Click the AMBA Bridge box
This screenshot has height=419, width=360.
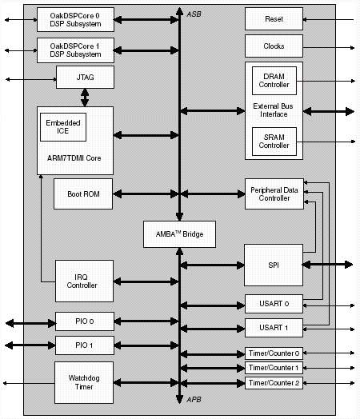pos(179,234)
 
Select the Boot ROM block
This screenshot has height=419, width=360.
pos(83,194)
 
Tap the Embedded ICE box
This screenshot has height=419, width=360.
pos(63,127)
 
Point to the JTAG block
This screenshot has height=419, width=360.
pos(85,78)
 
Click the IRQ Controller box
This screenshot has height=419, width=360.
pos(84,281)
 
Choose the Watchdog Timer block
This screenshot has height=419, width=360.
pos(84,382)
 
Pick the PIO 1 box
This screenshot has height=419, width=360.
pos(85,345)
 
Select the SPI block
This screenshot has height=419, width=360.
pos(274,265)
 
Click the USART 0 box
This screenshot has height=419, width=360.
pos(274,304)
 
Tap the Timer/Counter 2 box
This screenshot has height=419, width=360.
pos(274,383)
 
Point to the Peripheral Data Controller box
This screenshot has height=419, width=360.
pos(274,194)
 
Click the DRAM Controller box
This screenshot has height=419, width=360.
pos(274,81)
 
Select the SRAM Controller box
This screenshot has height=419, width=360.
pos(274,142)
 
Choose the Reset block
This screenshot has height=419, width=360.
pos(274,18)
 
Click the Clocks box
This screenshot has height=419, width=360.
pos(274,46)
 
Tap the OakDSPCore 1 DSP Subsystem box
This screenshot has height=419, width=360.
pos(76,50)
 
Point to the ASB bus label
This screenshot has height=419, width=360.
pos(194,14)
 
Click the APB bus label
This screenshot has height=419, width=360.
pos(194,400)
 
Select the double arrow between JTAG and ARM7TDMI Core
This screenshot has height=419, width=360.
pos(85,98)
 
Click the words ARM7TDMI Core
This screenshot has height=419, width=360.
pos(74,158)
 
